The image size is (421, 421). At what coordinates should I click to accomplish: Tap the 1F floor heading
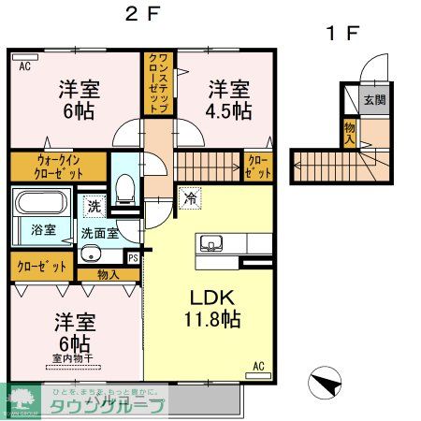pyautogui.click(x=341, y=34)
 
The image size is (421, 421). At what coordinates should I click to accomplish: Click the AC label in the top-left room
pyautogui.click(x=23, y=65)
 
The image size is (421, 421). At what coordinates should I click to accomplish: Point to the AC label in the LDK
pyautogui.click(x=258, y=365)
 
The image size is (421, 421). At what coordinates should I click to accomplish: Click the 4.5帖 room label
pyautogui.click(x=228, y=100)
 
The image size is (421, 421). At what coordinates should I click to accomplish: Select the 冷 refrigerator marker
pyautogui.click(x=190, y=198)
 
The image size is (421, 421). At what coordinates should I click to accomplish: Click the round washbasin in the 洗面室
pyautogui.click(x=91, y=254)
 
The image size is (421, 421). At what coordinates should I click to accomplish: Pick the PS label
pyautogui.click(x=133, y=257)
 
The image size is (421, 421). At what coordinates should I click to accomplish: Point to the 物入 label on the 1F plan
pyautogui.click(x=350, y=132)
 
